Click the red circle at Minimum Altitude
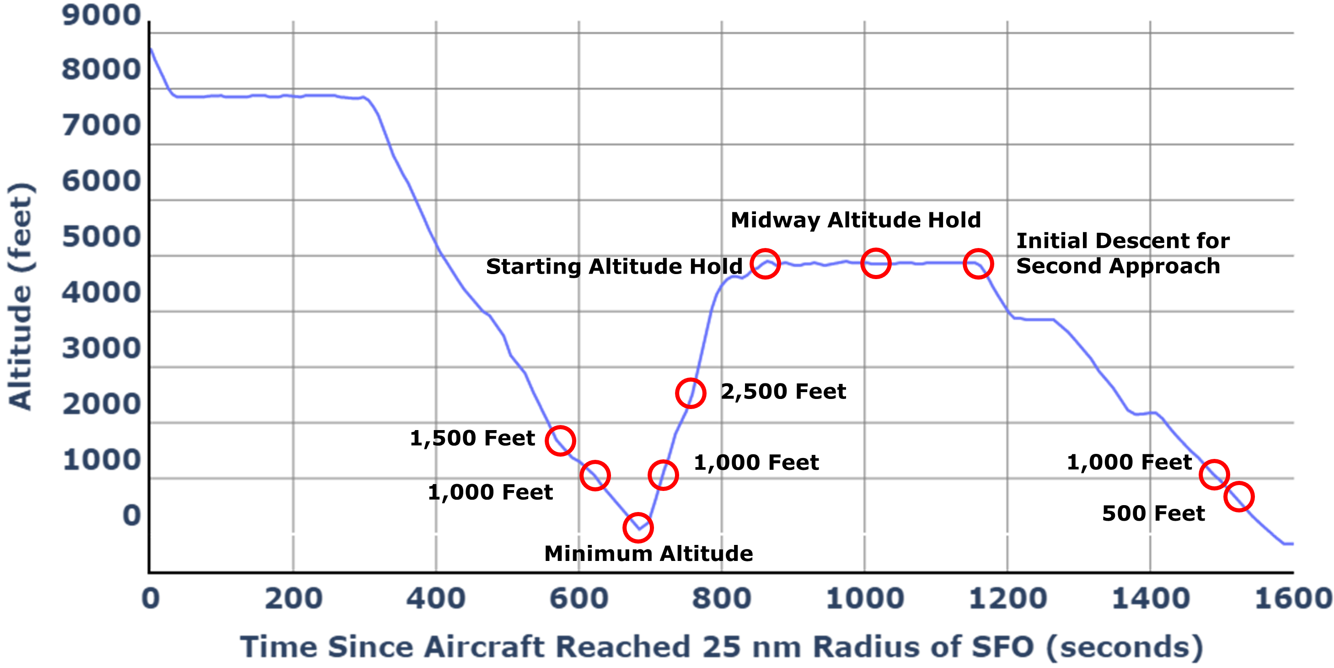[x=638, y=528]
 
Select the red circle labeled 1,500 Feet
[x=560, y=441]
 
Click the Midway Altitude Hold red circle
[x=875, y=263]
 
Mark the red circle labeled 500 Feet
[x=1239, y=496]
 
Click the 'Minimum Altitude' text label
[x=648, y=554]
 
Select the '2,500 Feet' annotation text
[x=783, y=391]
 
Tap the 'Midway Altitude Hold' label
[x=856, y=220]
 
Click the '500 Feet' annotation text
[x=1153, y=513]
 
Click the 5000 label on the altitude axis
[x=101, y=237]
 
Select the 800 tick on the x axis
[x=721, y=598]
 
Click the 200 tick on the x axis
[x=293, y=598]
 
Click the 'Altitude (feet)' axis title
[x=21, y=296]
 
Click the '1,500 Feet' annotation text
[x=472, y=438]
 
